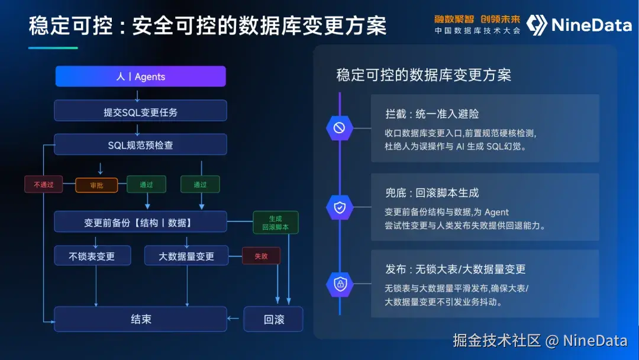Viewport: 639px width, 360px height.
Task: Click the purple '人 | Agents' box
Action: point(141,76)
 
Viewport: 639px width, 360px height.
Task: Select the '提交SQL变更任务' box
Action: point(141,111)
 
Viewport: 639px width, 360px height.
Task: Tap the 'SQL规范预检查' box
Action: point(141,144)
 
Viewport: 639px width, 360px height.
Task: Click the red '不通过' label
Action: point(44,184)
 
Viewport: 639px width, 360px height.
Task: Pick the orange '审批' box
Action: point(96,185)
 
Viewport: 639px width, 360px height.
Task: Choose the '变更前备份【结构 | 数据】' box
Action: point(141,222)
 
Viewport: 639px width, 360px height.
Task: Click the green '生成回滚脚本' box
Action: point(276,223)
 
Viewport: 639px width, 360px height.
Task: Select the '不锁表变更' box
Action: point(92,256)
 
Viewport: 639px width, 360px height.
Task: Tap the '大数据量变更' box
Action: point(186,256)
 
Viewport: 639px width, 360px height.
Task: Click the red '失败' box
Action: point(262,256)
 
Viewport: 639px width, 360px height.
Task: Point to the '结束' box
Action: point(141,319)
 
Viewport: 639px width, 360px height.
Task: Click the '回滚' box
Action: point(273,319)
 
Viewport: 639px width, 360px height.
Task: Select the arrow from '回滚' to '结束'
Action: point(233,319)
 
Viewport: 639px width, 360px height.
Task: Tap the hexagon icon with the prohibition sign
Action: point(340,128)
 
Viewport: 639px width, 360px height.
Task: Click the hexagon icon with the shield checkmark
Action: point(340,207)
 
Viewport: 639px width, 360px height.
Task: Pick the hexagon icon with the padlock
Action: point(340,284)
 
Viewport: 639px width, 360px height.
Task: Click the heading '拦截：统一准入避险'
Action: point(432,114)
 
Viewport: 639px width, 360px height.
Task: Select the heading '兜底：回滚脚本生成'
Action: point(432,193)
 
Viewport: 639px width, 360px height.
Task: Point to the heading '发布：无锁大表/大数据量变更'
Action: point(455,269)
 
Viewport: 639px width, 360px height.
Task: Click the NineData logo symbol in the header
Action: point(536,25)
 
